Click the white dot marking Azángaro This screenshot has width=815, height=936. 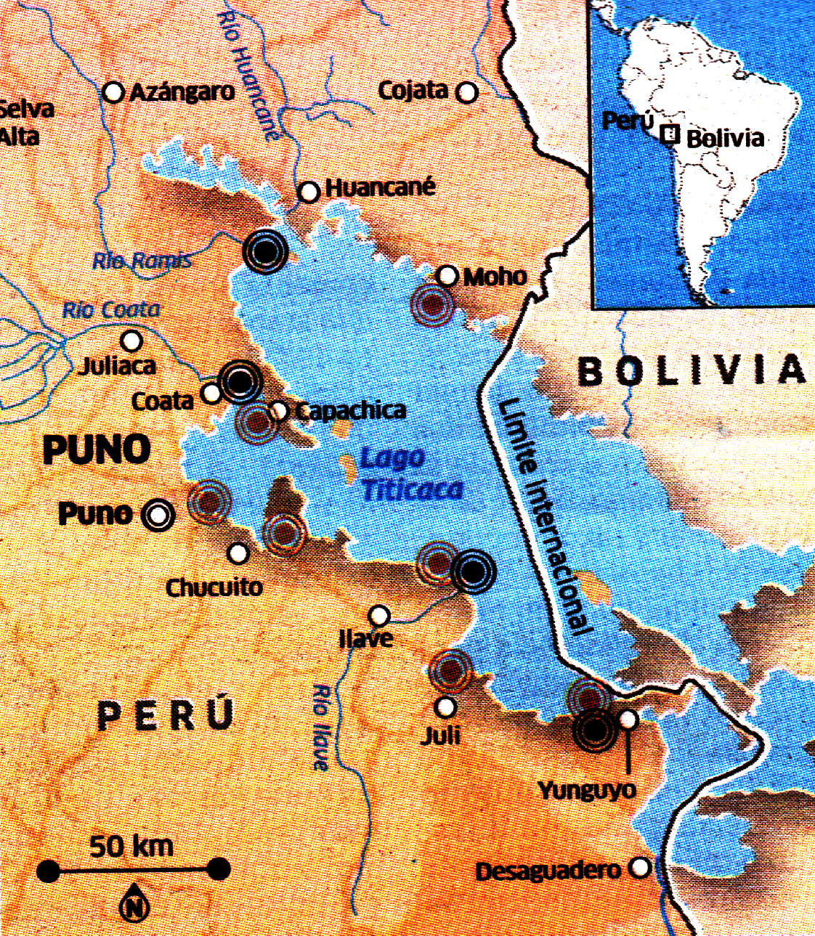click(x=113, y=92)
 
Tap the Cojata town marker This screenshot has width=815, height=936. click(x=467, y=92)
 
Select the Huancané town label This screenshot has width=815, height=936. click(x=380, y=187)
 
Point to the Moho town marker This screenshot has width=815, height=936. click(x=448, y=276)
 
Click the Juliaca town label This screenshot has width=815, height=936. click(x=117, y=365)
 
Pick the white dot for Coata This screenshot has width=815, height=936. click(x=211, y=394)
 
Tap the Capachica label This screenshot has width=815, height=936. click(x=350, y=411)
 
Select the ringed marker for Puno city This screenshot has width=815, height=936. click(x=158, y=515)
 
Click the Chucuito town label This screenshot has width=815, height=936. click(x=214, y=587)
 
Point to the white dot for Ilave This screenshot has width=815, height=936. click(x=378, y=616)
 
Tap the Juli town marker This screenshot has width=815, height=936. click(x=445, y=707)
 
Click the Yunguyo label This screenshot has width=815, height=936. click(x=587, y=790)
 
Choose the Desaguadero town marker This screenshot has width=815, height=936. click(x=640, y=867)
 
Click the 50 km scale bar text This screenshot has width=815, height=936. click(x=131, y=846)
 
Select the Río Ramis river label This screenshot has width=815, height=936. click(x=142, y=261)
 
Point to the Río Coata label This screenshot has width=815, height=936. click(x=111, y=310)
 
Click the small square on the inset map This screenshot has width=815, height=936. click(x=671, y=134)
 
